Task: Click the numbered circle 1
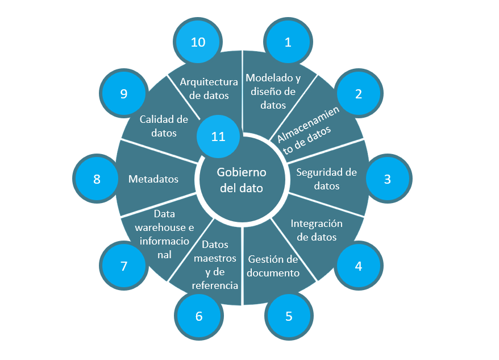pyautogui.click(x=288, y=42)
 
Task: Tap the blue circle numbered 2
pyautogui.click(x=358, y=94)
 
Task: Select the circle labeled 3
pyautogui.click(x=387, y=179)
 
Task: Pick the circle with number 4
pyautogui.click(x=359, y=266)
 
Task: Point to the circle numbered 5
pyautogui.click(x=289, y=316)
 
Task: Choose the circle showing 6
pyautogui.click(x=199, y=316)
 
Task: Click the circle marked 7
pyautogui.click(x=123, y=266)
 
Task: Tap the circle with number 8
pyautogui.click(x=97, y=179)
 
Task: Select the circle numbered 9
pyautogui.click(x=123, y=94)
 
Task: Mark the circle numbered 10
pyautogui.click(x=198, y=42)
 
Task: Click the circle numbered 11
pyautogui.click(x=218, y=136)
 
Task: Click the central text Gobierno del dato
pyautogui.click(x=242, y=180)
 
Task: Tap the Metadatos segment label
pyautogui.click(x=153, y=179)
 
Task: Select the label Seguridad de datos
pyautogui.click(x=326, y=179)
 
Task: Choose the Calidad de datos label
pyautogui.click(x=164, y=126)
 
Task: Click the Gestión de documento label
pyautogui.click(x=273, y=266)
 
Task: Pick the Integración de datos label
pyautogui.click(x=317, y=230)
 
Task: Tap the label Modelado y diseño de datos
pyautogui.click(x=273, y=91)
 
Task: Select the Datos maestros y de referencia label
pyautogui.click(x=215, y=265)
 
